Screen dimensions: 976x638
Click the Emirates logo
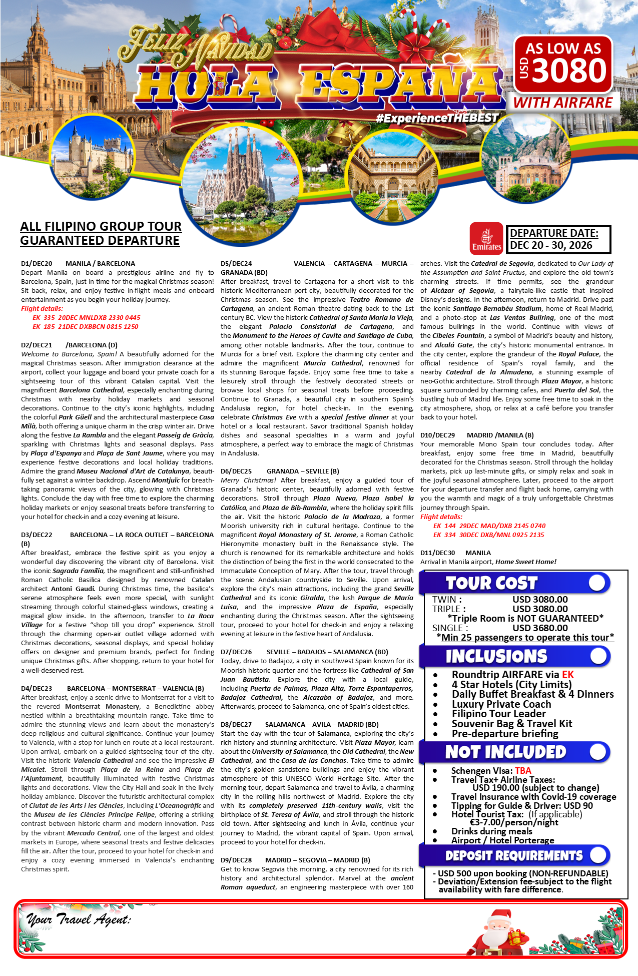tap(486, 238)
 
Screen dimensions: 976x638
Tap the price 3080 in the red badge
tap(569, 71)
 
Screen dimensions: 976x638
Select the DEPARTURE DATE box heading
tap(554, 233)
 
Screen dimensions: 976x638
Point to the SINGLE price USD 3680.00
tap(540, 628)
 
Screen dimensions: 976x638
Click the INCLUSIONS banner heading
tap(496, 656)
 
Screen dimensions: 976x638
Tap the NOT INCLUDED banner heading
tap(505, 752)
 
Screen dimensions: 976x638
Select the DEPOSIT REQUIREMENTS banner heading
tap(514, 855)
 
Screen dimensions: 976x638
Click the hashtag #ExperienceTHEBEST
tap(437, 118)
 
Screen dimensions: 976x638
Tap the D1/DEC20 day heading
tap(37, 263)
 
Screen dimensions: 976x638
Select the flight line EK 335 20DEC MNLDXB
tap(87, 317)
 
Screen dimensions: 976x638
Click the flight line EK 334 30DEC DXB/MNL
tap(488, 535)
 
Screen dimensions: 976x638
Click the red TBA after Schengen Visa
tap(523, 770)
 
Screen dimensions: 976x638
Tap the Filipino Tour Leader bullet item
tap(498, 714)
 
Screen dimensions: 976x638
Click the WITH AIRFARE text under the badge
tap(562, 103)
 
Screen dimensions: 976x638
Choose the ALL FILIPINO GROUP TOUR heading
tap(101, 226)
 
